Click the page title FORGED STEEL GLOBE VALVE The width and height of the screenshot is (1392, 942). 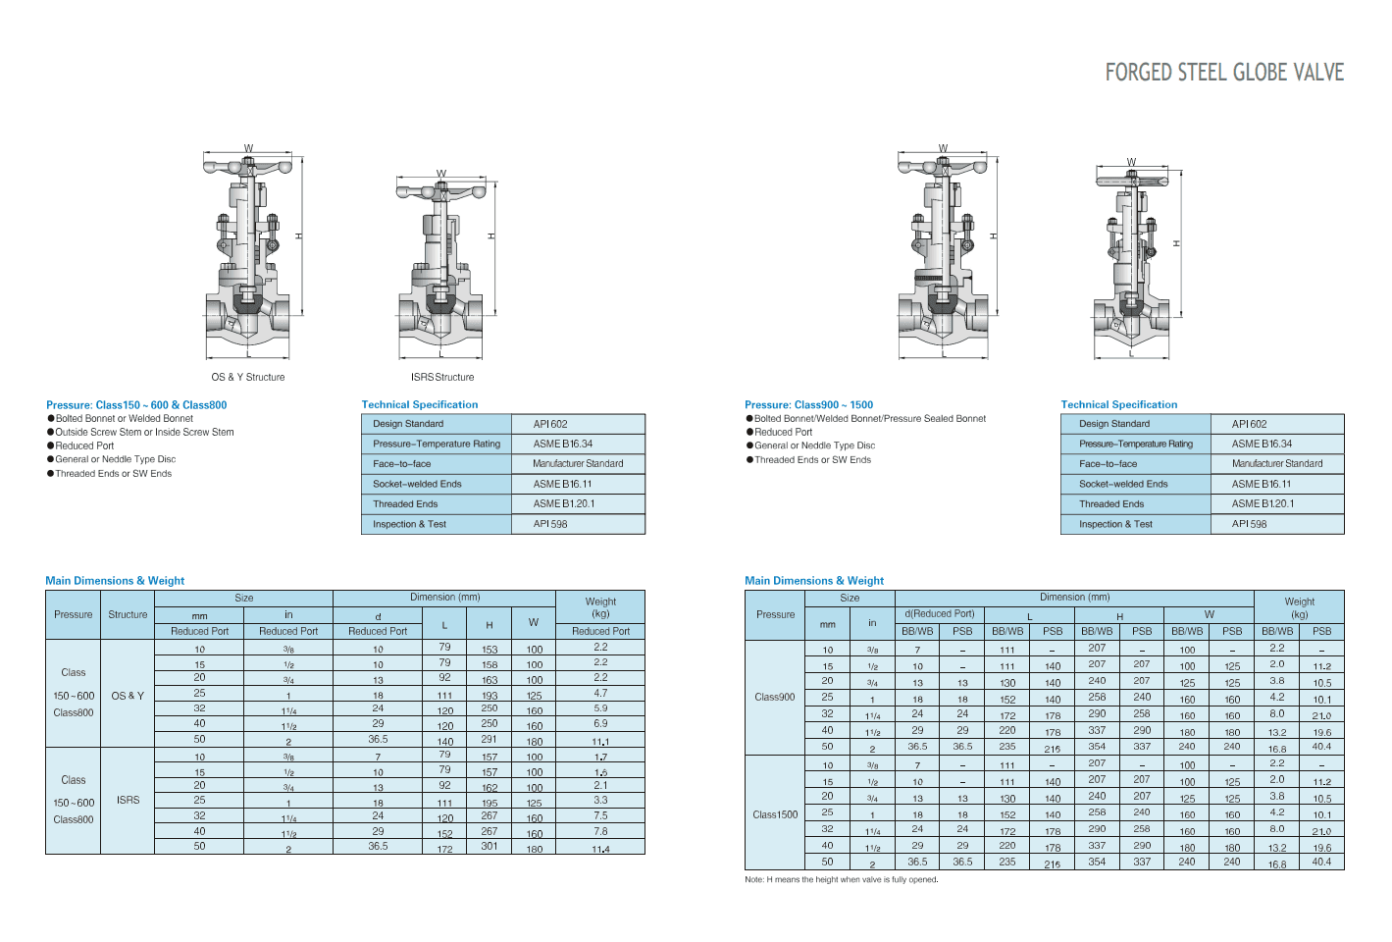click(x=1223, y=73)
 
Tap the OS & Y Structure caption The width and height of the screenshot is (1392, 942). click(x=248, y=378)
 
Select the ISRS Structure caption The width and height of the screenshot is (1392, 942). click(x=441, y=378)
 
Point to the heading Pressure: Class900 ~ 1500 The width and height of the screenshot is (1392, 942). click(x=808, y=405)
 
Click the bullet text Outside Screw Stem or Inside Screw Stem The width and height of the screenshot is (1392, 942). click(x=144, y=432)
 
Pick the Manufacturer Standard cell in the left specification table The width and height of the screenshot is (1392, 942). click(x=578, y=464)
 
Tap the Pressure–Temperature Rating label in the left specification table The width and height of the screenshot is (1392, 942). click(x=437, y=444)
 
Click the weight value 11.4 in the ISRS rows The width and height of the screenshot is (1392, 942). click(x=600, y=849)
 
